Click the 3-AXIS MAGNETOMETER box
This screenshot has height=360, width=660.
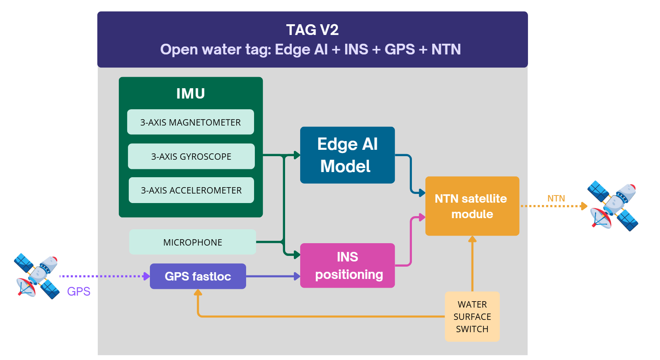190,122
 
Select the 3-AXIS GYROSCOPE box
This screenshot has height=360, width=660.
191,156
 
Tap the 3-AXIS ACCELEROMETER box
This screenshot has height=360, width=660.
191,190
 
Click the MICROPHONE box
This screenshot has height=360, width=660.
192,242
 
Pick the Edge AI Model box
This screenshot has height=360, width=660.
347,155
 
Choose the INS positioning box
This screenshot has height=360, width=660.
347,265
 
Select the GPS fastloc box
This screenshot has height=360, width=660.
198,276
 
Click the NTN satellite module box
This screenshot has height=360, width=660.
472,206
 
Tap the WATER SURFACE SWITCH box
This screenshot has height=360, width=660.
472,317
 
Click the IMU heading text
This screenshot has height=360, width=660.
190,93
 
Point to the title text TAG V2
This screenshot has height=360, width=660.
312,30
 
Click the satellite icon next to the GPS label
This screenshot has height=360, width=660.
37,276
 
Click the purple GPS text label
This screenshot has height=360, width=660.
79,291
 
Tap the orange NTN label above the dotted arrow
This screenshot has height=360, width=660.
556,198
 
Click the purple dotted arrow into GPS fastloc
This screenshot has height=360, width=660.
103,276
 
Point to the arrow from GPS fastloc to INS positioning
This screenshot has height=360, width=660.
273,276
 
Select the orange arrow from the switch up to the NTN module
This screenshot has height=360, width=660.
472,264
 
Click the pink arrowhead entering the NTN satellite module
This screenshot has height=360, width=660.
422,217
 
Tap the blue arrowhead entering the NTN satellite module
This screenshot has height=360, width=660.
422,193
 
